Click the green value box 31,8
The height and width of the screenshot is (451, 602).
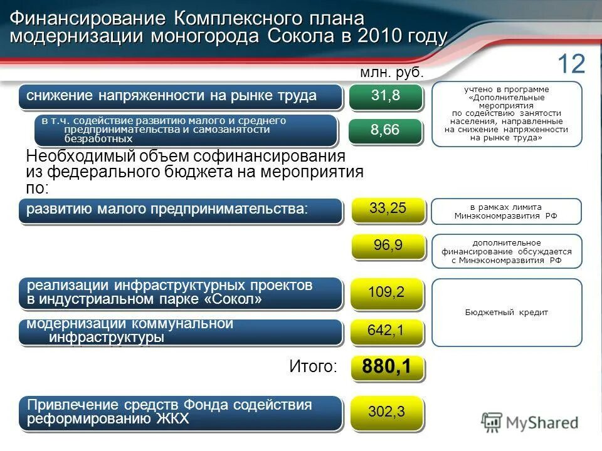click(386, 96)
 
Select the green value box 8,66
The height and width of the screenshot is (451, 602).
click(386, 130)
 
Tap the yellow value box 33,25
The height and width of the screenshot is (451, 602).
click(388, 209)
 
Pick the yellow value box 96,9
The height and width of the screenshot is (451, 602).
click(388, 246)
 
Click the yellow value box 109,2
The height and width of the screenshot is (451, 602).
click(386, 293)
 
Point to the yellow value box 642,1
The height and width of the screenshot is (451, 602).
click(386, 331)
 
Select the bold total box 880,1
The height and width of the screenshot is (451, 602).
click(387, 368)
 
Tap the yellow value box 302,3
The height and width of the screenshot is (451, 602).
click(386, 412)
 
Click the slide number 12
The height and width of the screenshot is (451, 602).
click(571, 64)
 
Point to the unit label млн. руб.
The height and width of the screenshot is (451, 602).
click(392, 73)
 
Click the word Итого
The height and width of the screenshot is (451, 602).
click(313, 367)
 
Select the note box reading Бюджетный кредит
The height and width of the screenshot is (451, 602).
click(507, 313)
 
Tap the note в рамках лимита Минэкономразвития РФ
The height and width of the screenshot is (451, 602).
click(506, 212)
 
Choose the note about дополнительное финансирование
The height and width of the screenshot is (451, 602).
click(506, 251)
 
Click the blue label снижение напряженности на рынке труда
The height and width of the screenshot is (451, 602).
click(181, 96)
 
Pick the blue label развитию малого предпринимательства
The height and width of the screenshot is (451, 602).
click(181, 210)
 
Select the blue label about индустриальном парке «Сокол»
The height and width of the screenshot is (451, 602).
click(181, 293)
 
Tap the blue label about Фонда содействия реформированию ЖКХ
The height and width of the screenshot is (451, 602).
click(181, 412)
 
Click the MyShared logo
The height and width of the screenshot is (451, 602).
click(530, 422)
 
